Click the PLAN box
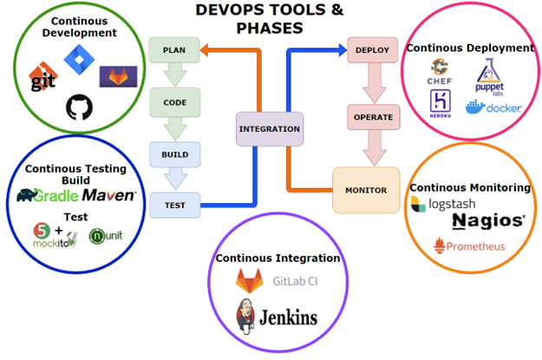pyautogui.click(x=174, y=49)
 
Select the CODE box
pyautogui.click(x=174, y=101)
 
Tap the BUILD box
pyautogui.click(x=174, y=154)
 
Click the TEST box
pyautogui.click(x=174, y=206)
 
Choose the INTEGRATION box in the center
pyautogui.click(x=270, y=129)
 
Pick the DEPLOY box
pyautogui.click(x=372, y=49)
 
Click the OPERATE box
pyautogui.click(x=372, y=116)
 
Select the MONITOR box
pyautogui.click(x=366, y=190)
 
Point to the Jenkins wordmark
pyautogui.click(x=279, y=317)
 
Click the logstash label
pyautogui.click(x=441, y=204)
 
